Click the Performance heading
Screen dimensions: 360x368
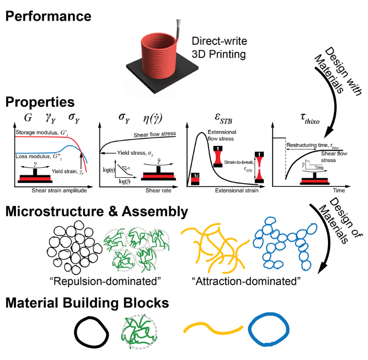pyautogui.click(x=49, y=15)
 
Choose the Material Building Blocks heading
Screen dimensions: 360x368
pyautogui.click(x=87, y=303)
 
